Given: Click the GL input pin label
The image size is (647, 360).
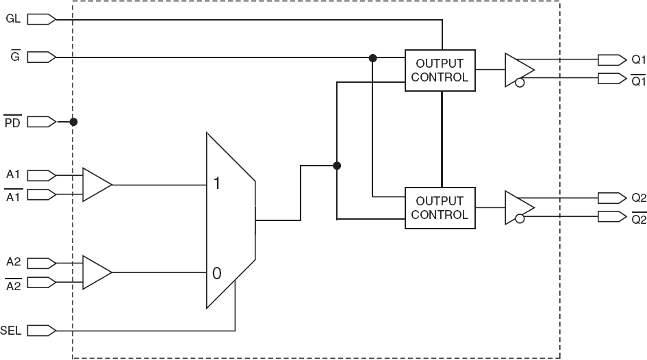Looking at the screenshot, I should tap(13, 18).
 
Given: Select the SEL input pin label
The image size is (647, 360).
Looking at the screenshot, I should tap(12, 331).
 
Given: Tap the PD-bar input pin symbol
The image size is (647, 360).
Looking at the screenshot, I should tap(41, 122).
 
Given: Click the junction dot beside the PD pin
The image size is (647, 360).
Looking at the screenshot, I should tap(74, 122).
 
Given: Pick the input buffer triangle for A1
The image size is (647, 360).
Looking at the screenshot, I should tap(95, 185).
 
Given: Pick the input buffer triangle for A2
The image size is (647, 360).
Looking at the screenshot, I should tap(95, 272).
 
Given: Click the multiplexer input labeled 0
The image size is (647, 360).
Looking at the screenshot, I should tap(217, 273).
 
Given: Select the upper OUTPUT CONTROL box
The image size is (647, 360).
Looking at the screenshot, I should tap(441, 70).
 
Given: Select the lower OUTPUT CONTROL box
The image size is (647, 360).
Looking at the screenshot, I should tap(441, 207).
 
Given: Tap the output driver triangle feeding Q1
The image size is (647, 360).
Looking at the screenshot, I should tap(518, 69).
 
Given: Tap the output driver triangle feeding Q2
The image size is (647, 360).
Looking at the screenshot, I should tap(518, 207).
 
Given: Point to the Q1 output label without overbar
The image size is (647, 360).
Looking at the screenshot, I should tap(638, 59).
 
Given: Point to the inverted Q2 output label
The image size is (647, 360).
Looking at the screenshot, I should tap(638, 218).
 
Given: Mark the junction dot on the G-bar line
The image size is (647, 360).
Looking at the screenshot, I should tap(373, 58).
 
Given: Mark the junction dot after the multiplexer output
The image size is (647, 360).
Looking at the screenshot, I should tap(336, 166).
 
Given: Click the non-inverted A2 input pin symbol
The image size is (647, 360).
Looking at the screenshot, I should tap(41, 262).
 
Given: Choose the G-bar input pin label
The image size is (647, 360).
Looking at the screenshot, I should tap(14, 57).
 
